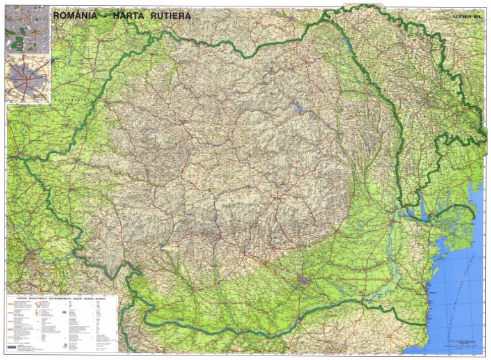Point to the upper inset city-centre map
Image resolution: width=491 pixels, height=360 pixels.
[27, 29]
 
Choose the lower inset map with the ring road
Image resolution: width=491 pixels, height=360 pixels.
[27, 79]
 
